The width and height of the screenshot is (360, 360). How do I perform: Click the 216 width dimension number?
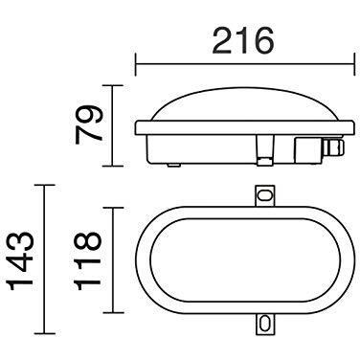243,40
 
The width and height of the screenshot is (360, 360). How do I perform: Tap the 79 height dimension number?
90,125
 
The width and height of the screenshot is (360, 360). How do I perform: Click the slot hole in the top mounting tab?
263,194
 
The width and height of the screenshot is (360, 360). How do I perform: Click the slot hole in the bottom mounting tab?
263,325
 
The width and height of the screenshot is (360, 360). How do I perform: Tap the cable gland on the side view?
333,147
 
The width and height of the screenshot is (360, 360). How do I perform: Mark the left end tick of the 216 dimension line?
136,64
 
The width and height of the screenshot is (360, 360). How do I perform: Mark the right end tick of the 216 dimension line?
354,64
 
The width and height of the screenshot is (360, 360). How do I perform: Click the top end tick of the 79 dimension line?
112,85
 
